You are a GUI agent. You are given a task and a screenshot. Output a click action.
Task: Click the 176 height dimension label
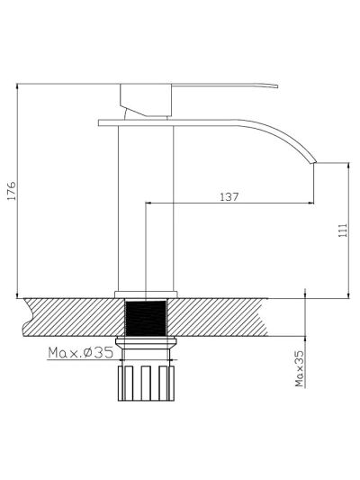point(12,191)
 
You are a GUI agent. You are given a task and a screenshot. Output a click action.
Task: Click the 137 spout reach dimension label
point(229,196)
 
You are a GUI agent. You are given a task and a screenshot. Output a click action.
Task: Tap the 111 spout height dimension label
point(343,230)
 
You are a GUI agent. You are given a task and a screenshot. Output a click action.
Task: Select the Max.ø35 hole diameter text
point(81,353)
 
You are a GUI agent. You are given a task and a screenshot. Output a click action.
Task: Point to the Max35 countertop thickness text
point(300,368)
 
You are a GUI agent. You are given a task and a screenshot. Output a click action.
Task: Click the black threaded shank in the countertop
point(146,318)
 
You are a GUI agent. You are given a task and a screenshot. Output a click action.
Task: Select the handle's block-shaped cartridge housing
point(146,100)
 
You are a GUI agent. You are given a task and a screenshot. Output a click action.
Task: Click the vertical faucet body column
point(146,208)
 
